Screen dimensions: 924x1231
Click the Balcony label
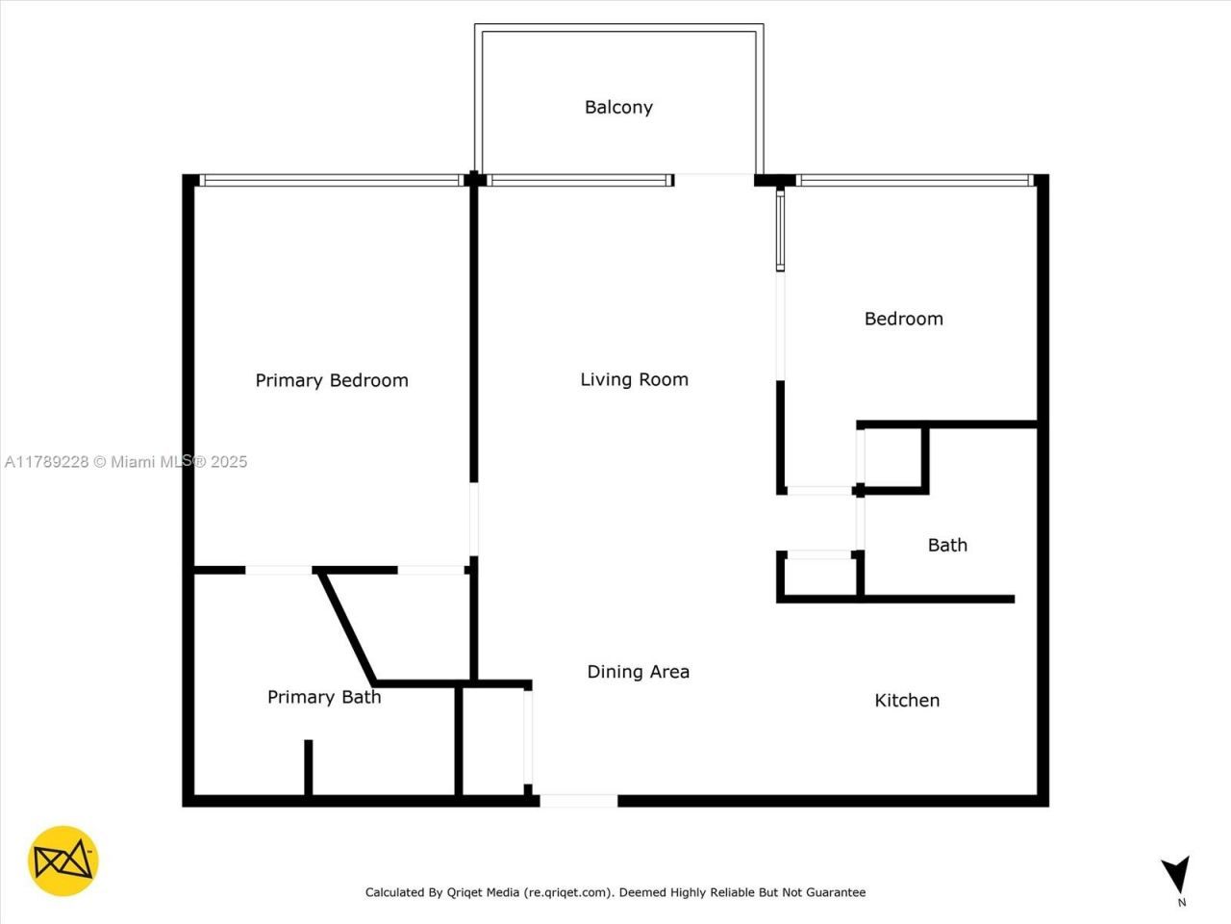(x=618, y=107)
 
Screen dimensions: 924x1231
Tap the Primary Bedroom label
(x=332, y=380)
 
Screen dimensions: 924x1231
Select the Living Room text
(x=634, y=379)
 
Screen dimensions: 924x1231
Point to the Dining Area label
(x=638, y=672)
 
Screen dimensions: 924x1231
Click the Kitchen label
(x=907, y=701)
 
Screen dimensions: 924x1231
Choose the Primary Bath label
(x=324, y=697)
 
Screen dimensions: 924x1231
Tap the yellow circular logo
(x=63, y=860)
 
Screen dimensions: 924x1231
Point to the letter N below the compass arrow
(x=1182, y=903)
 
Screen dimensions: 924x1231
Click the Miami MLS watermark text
(x=126, y=462)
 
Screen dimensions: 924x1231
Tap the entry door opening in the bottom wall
(x=578, y=801)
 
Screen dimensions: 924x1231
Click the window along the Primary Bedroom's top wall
(x=332, y=180)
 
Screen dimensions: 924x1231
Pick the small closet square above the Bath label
(x=893, y=458)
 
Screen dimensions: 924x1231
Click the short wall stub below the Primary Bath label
(x=308, y=767)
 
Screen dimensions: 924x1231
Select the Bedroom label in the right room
(x=903, y=319)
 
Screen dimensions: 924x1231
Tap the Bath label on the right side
(x=947, y=545)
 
